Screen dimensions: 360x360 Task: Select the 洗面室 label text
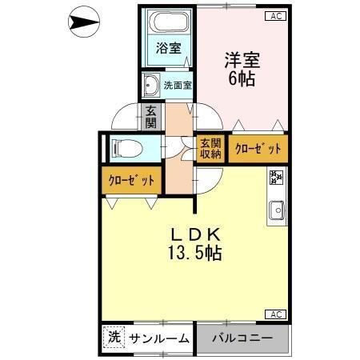point(177,84)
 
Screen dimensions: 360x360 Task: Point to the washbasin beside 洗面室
point(151,84)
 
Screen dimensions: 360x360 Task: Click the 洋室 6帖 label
point(242,68)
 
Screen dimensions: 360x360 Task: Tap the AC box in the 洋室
point(274,14)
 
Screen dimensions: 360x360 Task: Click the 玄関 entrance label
point(150,118)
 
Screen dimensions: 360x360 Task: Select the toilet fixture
point(127,147)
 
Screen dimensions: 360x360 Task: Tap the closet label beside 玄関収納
point(258,148)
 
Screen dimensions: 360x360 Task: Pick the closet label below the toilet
point(131,180)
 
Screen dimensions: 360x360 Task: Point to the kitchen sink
point(277,210)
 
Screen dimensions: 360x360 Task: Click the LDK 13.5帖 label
point(194,244)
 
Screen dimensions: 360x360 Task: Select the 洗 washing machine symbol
point(114,337)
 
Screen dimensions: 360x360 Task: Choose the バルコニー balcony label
point(242,338)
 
